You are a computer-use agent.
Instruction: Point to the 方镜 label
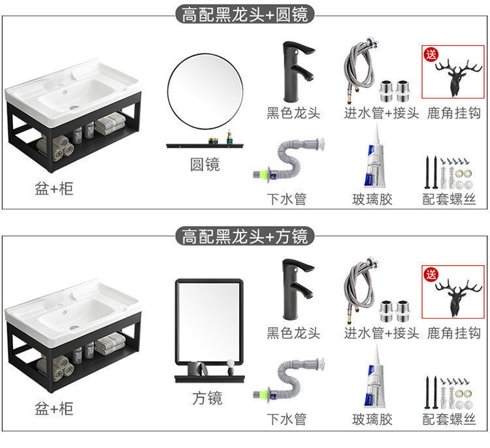pyautogui.click(x=207, y=398)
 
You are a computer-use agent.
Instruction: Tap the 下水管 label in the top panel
pyautogui.click(x=286, y=199)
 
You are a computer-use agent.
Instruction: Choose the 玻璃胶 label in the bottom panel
pyautogui.click(x=372, y=419)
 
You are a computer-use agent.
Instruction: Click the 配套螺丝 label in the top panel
pyautogui.click(x=449, y=199)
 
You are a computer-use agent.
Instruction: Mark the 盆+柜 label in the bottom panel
pyautogui.click(x=54, y=409)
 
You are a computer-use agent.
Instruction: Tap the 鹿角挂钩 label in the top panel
pyautogui.click(x=454, y=113)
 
